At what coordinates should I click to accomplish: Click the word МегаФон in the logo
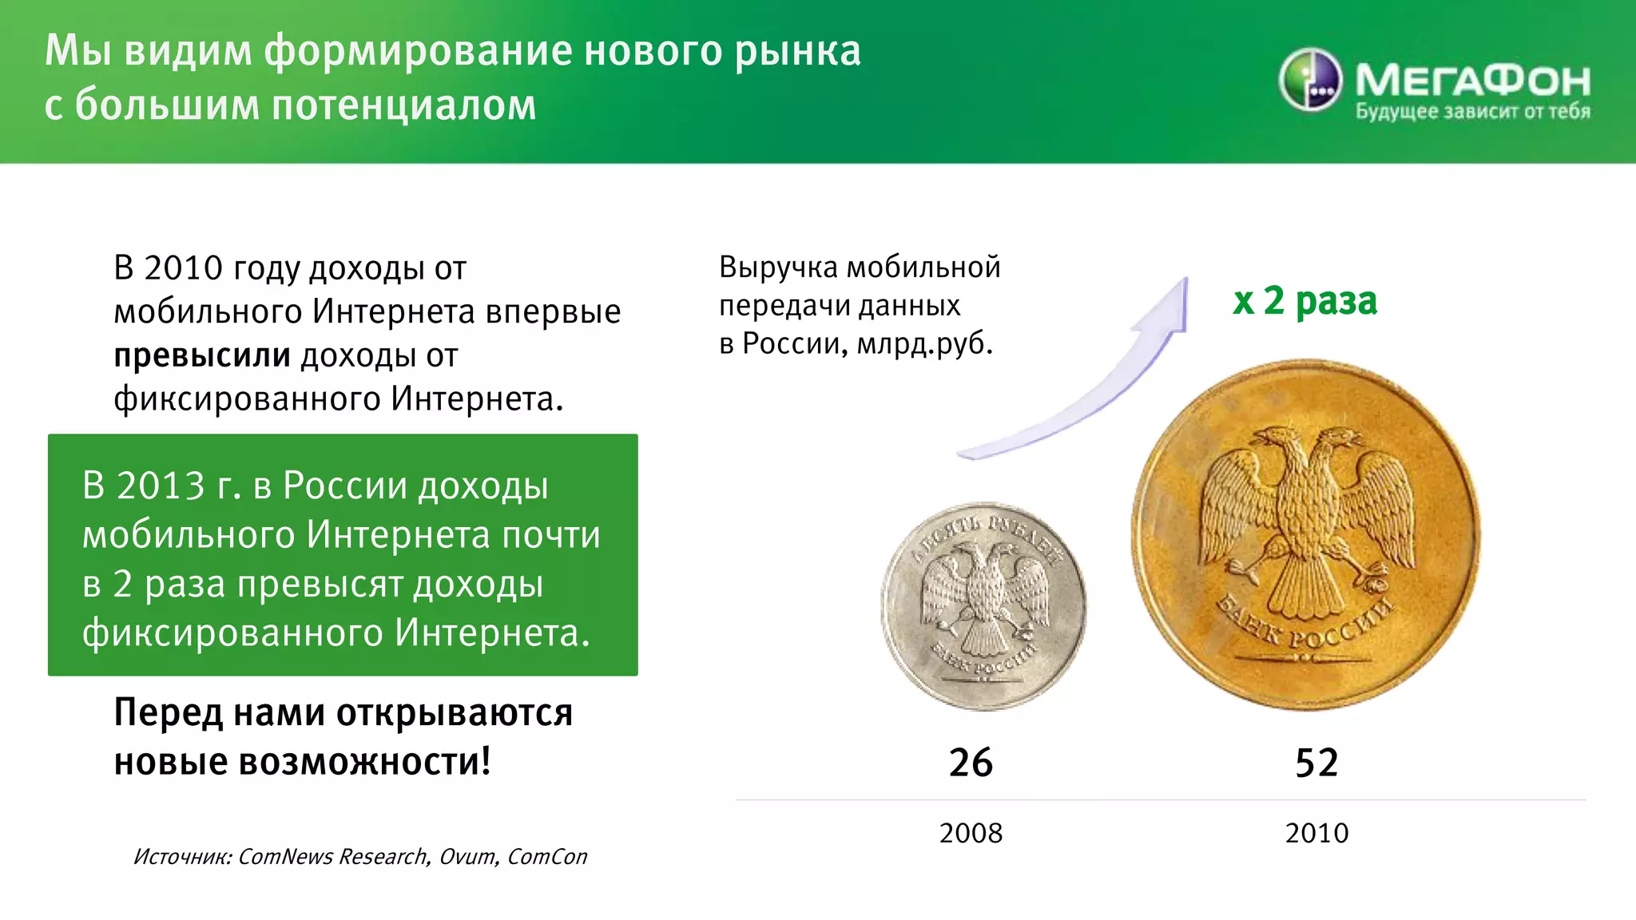point(1472,80)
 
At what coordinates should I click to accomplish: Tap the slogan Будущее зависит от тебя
point(1472,112)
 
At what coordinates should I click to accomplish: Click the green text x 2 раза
point(1305,301)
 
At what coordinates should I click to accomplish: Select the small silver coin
point(983,606)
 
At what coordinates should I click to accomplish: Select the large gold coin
point(1305,535)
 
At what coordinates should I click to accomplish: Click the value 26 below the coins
point(971,763)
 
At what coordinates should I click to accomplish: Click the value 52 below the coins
point(1316,763)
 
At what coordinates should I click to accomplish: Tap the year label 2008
point(971,833)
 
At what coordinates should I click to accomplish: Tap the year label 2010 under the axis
point(1316,833)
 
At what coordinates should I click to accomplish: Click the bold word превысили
point(202,355)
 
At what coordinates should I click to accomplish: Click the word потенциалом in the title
point(404,105)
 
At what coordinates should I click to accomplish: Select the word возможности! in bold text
point(364,761)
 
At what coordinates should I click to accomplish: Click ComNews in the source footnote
point(286,857)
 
